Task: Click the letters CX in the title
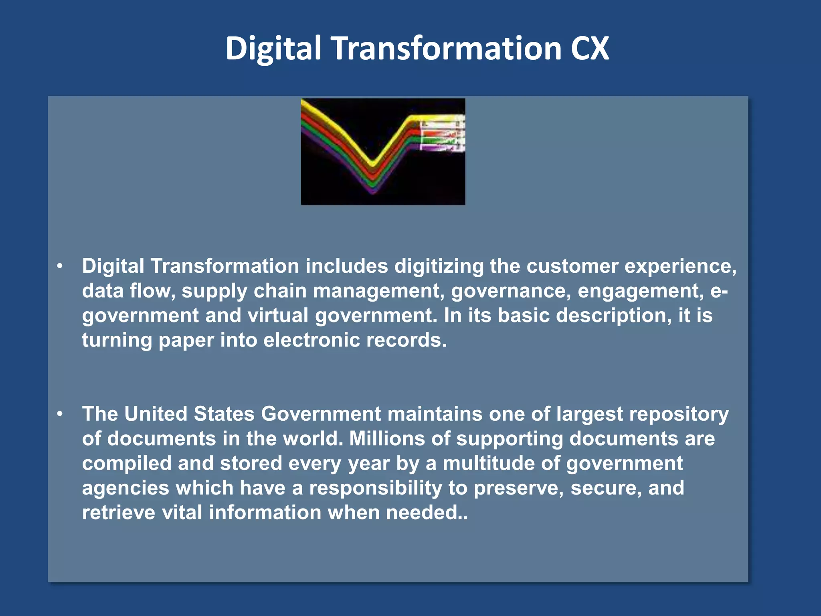tap(590, 49)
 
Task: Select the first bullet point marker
tap(60, 266)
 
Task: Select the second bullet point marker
tap(60, 413)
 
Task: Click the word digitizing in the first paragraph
tap(439, 267)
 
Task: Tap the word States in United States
tap(224, 414)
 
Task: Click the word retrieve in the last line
tap(118, 513)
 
